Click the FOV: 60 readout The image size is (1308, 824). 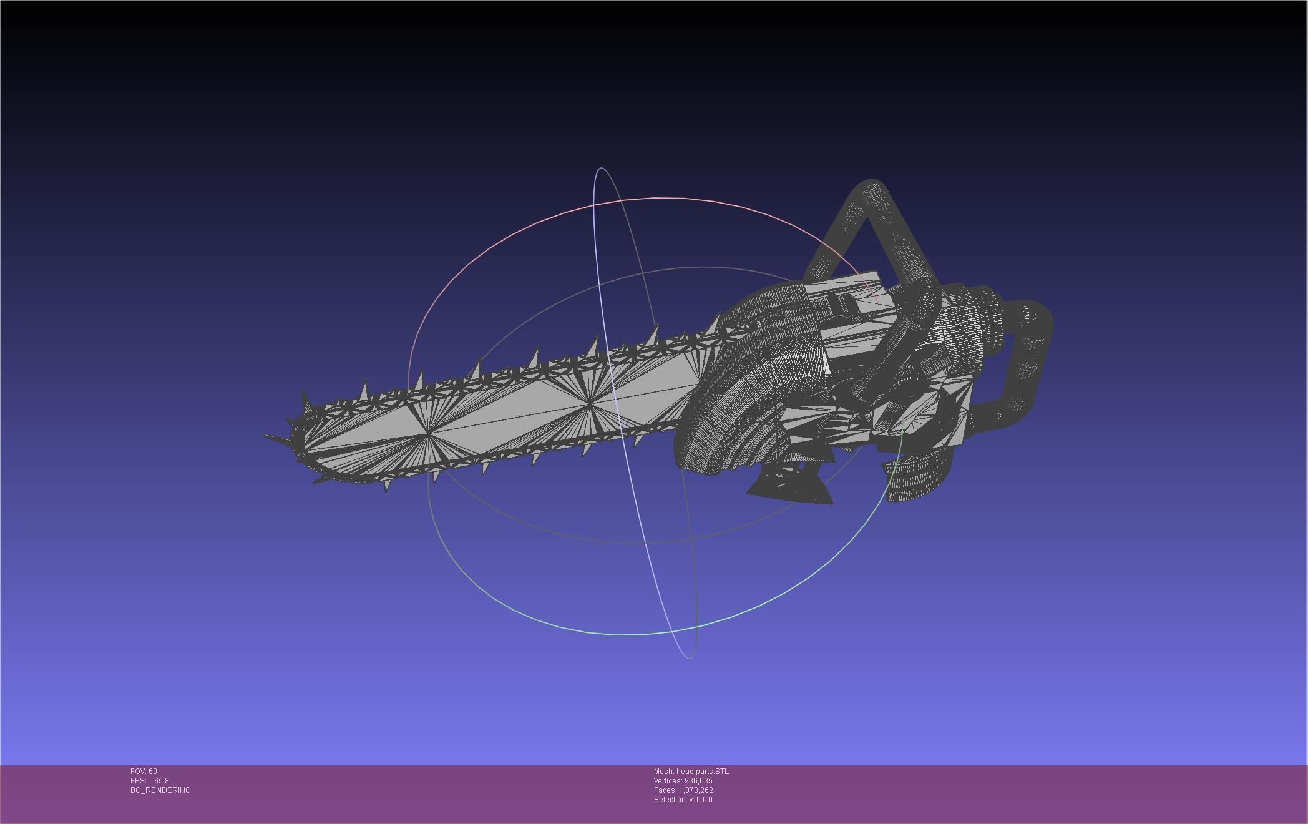coord(144,772)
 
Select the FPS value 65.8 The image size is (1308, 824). coord(161,781)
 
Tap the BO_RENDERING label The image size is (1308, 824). coord(160,790)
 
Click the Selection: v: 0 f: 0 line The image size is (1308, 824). coord(683,800)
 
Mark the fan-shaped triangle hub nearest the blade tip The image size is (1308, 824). coord(426,434)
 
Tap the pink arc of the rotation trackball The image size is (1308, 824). coord(655,199)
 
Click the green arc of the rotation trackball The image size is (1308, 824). coord(624,634)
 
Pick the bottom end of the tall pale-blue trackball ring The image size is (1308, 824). coord(688,657)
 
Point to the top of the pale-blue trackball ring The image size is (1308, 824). coord(600,168)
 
